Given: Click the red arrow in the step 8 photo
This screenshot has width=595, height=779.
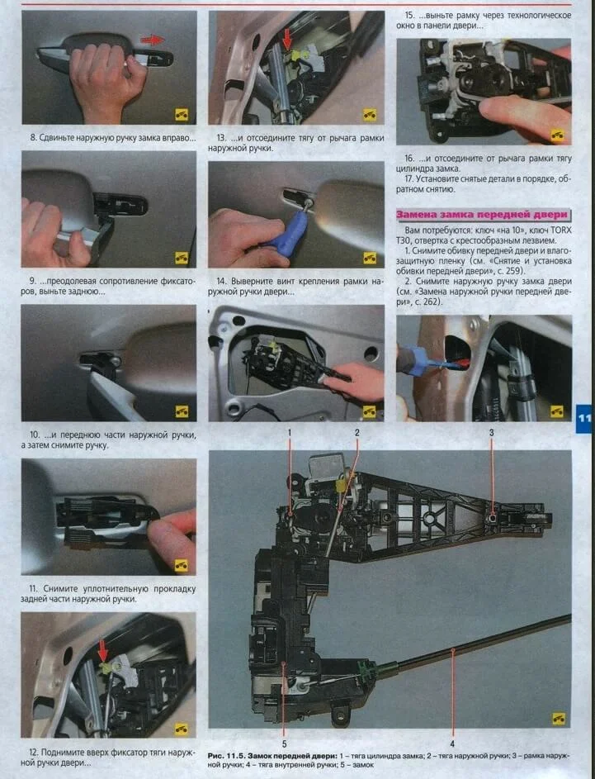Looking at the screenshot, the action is click(153, 40).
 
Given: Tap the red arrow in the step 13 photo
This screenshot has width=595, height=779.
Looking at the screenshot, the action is click(287, 40).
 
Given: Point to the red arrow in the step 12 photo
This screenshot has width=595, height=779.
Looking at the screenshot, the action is click(102, 651).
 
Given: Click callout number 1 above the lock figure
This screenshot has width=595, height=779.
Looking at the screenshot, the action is click(290, 433).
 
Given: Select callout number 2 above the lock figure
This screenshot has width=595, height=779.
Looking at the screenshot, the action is click(357, 433).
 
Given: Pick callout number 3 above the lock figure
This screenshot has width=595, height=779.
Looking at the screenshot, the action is click(491, 433).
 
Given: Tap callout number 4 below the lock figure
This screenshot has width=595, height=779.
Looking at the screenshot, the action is click(452, 743).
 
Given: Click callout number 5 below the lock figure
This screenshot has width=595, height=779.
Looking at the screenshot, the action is click(285, 743).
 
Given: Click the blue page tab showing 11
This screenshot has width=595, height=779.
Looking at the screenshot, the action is click(584, 418).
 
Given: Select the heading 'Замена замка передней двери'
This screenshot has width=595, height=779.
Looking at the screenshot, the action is click(481, 215).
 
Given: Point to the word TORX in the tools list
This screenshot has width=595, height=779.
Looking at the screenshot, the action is click(561, 230).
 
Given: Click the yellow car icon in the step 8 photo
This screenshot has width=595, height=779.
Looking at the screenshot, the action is click(182, 115).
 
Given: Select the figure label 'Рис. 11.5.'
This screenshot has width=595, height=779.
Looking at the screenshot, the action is click(226, 756).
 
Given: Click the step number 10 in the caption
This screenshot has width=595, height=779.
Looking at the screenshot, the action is click(34, 435).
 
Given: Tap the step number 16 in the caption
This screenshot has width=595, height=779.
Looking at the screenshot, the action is click(409, 159).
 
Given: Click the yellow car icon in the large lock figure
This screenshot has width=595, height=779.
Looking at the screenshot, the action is click(559, 719).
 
